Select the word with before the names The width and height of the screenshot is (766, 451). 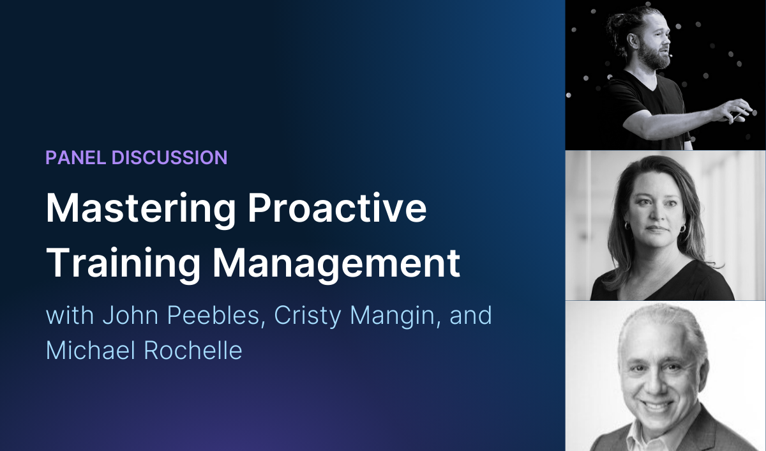68,316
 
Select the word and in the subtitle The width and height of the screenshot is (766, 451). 474,316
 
